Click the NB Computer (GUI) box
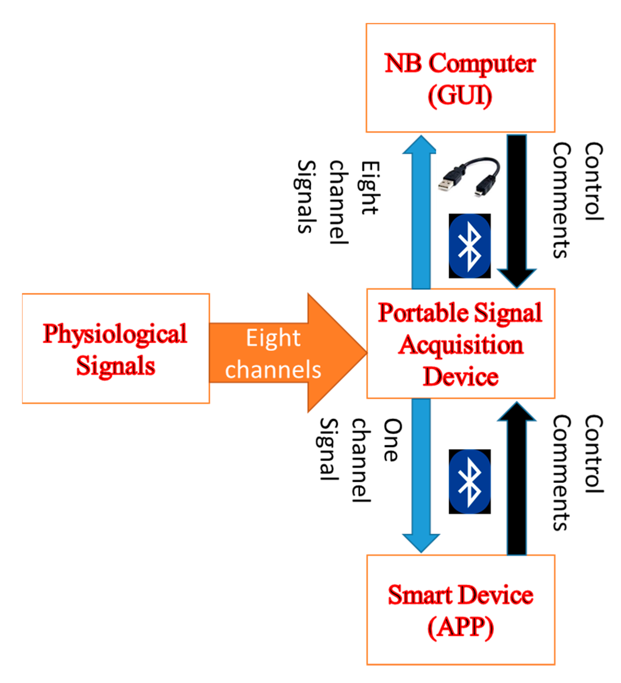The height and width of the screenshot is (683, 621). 460,78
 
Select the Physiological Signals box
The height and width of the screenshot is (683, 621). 116,349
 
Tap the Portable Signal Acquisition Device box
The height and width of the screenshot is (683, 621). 460,344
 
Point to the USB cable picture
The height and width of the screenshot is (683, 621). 469,176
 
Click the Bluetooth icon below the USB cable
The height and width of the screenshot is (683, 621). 469,246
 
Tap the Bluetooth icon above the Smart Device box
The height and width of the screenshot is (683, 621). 469,481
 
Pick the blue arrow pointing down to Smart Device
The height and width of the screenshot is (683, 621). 421,474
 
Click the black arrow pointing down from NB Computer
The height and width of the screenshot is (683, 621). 516,210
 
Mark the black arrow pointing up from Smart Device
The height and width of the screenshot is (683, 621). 516,481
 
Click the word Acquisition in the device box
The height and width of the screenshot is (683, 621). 460,345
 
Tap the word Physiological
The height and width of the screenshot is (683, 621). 115,334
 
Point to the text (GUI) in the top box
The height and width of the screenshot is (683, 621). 460,96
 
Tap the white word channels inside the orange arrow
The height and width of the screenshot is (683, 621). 273,370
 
